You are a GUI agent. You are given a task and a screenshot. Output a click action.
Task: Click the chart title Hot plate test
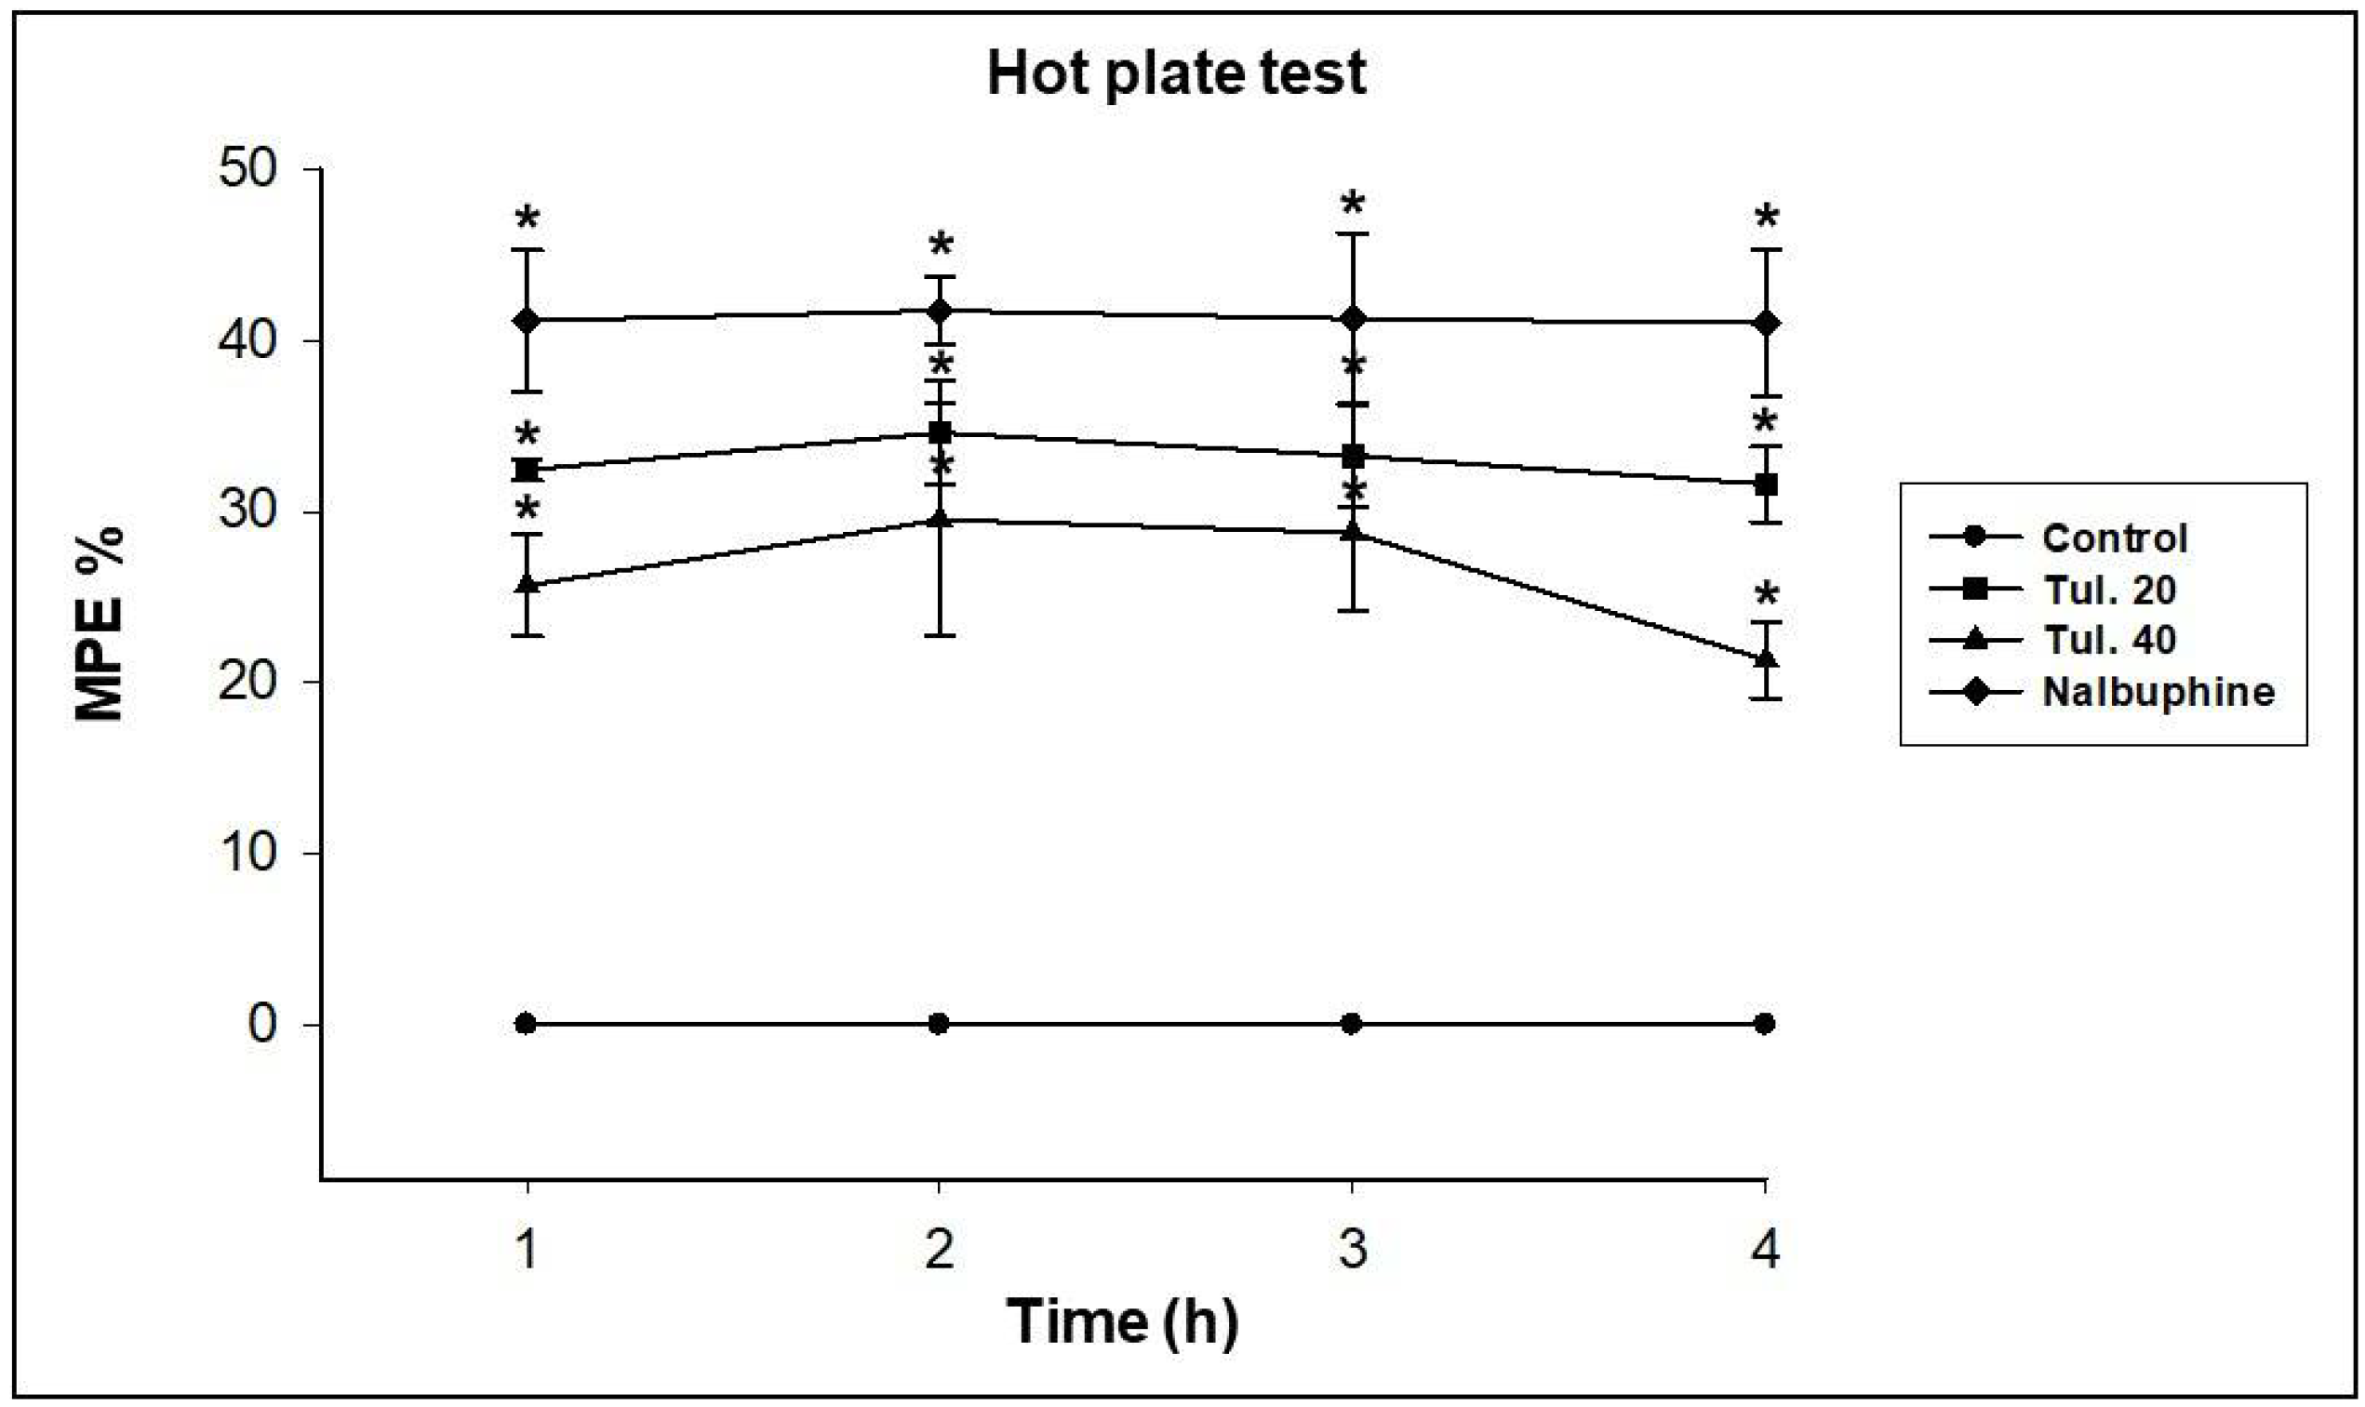tap(1176, 74)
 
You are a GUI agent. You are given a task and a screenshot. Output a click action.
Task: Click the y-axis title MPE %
tap(100, 624)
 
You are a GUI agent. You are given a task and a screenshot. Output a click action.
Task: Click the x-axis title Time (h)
tap(1122, 1321)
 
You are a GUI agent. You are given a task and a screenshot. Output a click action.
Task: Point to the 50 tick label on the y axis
tap(247, 169)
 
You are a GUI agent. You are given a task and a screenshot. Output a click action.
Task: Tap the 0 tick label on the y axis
tap(262, 1024)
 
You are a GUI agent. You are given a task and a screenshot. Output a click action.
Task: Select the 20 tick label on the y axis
tap(247, 681)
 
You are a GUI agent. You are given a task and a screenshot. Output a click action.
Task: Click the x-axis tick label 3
tap(1353, 1249)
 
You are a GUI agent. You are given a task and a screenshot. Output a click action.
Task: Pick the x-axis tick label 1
tap(527, 1249)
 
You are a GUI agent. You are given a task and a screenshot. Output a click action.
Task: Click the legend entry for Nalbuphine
tap(2158, 692)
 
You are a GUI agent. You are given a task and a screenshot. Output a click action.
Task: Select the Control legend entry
tap(2115, 538)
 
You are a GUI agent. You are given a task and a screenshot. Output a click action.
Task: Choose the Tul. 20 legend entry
tap(2110, 590)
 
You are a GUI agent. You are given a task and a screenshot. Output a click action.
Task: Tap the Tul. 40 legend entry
tap(2110, 640)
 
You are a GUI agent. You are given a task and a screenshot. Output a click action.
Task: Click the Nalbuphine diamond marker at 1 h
tap(527, 321)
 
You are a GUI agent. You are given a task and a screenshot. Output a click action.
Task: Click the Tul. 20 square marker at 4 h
tap(1765, 485)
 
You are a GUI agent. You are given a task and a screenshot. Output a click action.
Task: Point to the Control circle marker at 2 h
tap(939, 1024)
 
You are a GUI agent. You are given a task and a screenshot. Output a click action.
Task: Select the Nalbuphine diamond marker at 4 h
tap(1765, 324)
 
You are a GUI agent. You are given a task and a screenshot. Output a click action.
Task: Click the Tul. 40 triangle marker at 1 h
tap(527, 585)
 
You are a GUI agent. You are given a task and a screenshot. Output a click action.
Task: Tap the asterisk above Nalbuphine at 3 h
tap(1353, 204)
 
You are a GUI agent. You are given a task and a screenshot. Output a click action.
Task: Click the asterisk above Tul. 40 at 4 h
tap(1766, 595)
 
